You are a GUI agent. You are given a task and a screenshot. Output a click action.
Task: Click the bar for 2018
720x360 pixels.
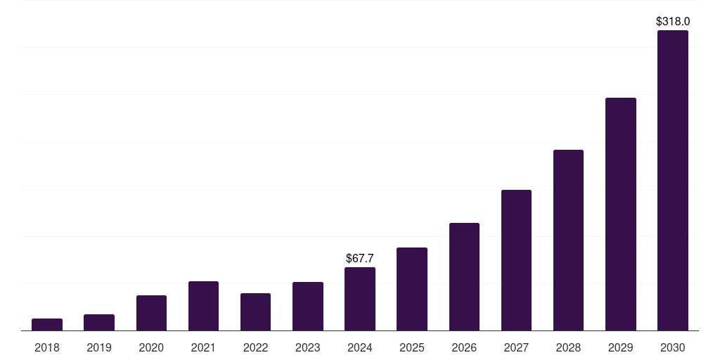pos(47,324)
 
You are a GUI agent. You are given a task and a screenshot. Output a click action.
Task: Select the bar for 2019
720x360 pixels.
pos(99,322)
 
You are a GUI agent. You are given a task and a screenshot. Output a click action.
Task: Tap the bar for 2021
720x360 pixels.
pos(203,306)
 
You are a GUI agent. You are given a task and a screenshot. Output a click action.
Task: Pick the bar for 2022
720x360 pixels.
pos(255,311)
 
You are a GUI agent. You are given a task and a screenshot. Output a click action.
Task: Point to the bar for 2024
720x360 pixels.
pos(360,299)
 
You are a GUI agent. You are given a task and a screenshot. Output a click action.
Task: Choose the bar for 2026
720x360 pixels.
pos(464,276)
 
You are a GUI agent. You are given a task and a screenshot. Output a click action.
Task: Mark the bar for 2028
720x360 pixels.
pos(568,240)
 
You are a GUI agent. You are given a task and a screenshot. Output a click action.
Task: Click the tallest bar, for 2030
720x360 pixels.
pos(673,180)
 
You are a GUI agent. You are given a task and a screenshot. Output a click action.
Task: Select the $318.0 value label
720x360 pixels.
pos(673,22)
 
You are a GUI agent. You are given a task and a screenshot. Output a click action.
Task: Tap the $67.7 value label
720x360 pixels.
pos(360,259)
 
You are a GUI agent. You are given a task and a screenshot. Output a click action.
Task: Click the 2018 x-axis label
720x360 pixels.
pos(47,347)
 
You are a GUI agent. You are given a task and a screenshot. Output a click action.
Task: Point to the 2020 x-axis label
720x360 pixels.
pos(151,347)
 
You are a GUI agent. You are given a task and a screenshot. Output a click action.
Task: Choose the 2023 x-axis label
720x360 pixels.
pos(308,347)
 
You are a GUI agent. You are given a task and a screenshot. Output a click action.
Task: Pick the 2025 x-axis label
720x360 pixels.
pos(412,347)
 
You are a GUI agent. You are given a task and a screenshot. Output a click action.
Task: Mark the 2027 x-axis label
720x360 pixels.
pos(516,347)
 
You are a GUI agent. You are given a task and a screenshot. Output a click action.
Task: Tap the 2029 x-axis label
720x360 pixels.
pos(621,347)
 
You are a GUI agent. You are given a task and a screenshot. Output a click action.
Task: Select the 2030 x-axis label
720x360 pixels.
pos(673,347)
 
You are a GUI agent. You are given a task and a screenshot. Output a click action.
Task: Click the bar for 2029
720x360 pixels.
pos(621,214)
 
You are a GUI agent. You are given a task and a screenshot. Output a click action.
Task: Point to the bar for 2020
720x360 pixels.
pos(151,313)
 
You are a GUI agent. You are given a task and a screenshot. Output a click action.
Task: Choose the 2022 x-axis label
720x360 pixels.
pos(255,347)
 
